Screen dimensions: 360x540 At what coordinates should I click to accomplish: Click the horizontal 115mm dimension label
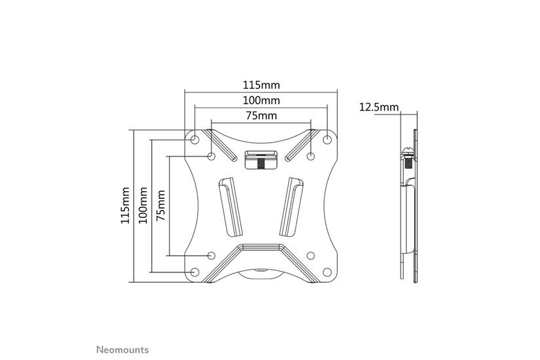261,84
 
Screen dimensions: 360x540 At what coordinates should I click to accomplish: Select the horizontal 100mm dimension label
261,100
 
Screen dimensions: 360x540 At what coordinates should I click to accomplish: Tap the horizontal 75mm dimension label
261,116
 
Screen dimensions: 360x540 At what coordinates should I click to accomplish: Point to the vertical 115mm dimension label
126,206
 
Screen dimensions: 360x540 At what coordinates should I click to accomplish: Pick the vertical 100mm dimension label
143,206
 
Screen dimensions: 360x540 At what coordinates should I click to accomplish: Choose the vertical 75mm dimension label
160,206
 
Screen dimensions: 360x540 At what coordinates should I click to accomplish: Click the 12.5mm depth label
378,107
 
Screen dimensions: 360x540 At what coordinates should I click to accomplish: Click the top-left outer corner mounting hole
195,139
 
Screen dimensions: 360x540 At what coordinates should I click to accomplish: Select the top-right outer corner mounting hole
327,139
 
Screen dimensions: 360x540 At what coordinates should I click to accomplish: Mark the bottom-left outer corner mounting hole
195,272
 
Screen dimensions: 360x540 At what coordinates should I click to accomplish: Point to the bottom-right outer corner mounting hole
327,272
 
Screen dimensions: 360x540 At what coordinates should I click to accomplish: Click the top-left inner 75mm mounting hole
211,156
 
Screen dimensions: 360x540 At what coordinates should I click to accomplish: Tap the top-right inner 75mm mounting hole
311,156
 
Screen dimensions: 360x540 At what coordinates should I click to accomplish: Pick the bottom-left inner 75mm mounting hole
211,255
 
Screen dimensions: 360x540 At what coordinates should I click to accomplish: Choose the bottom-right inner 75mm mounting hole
311,255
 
